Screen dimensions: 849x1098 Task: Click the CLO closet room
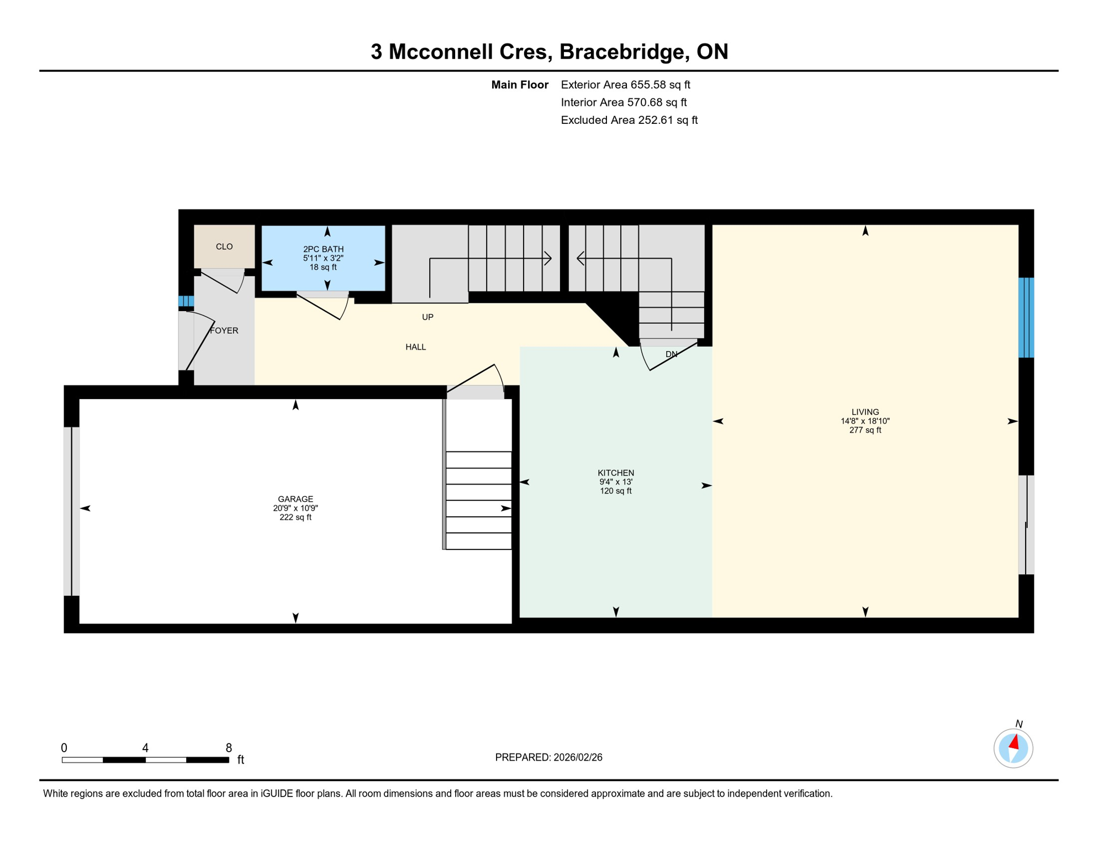pyautogui.click(x=224, y=247)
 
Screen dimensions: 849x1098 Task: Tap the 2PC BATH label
pyautogui.click(x=323, y=249)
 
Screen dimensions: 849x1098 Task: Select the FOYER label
pyautogui.click(x=224, y=331)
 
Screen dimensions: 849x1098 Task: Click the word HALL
pyautogui.click(x=415, y=347)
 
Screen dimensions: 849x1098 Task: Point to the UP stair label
pyautogui.click(x=427, y=317)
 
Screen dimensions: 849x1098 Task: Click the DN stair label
pyautogui.click(x=671, y=354)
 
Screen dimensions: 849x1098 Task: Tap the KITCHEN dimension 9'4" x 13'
pyautogui.click(x=616, y=482)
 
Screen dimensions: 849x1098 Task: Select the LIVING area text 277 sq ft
pyautogui.click(x=865, y=430)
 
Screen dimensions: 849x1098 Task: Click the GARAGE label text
pyautogui.click(x=295, y=499)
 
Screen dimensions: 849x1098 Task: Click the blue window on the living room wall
pyautogui.click(x=1026, y=318)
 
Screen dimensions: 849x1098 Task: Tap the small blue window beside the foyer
pyautogui.click(x=186, y=301)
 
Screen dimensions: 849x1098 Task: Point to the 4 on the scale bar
pyautogui.click(x=145, y=748)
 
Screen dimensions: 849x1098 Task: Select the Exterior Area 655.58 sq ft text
pyautogui.click(x=625, y=85)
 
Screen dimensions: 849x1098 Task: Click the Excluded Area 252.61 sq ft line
pyautogui.click(x=629, y=120)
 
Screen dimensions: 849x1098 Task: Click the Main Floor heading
pyautogui.click(x=519, y=85)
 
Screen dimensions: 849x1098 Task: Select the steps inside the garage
pyautogui.click(x=478, y=500)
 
